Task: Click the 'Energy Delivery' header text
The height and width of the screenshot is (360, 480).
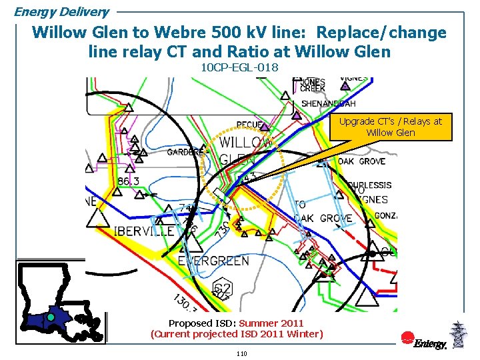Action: coord(61,12)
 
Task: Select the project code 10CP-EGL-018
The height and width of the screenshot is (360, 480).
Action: coord(239,67)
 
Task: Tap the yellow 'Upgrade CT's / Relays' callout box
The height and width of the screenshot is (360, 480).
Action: coord(391,127)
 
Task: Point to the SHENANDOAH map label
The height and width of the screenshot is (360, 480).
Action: coord(329,104)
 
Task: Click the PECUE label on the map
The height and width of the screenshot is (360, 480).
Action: coord(249,125)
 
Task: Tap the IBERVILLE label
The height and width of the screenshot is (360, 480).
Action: coord(145,231)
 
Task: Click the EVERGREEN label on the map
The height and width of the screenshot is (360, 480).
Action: coord(213,261)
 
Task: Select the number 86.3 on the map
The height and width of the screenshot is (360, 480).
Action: coord(128,181)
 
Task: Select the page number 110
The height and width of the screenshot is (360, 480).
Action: coord(241,353)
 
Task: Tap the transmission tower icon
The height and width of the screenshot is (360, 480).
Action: coord(457,335)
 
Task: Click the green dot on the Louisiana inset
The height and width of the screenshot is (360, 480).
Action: coord(50,318)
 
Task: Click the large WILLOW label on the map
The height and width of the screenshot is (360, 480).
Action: coord(245,143)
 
